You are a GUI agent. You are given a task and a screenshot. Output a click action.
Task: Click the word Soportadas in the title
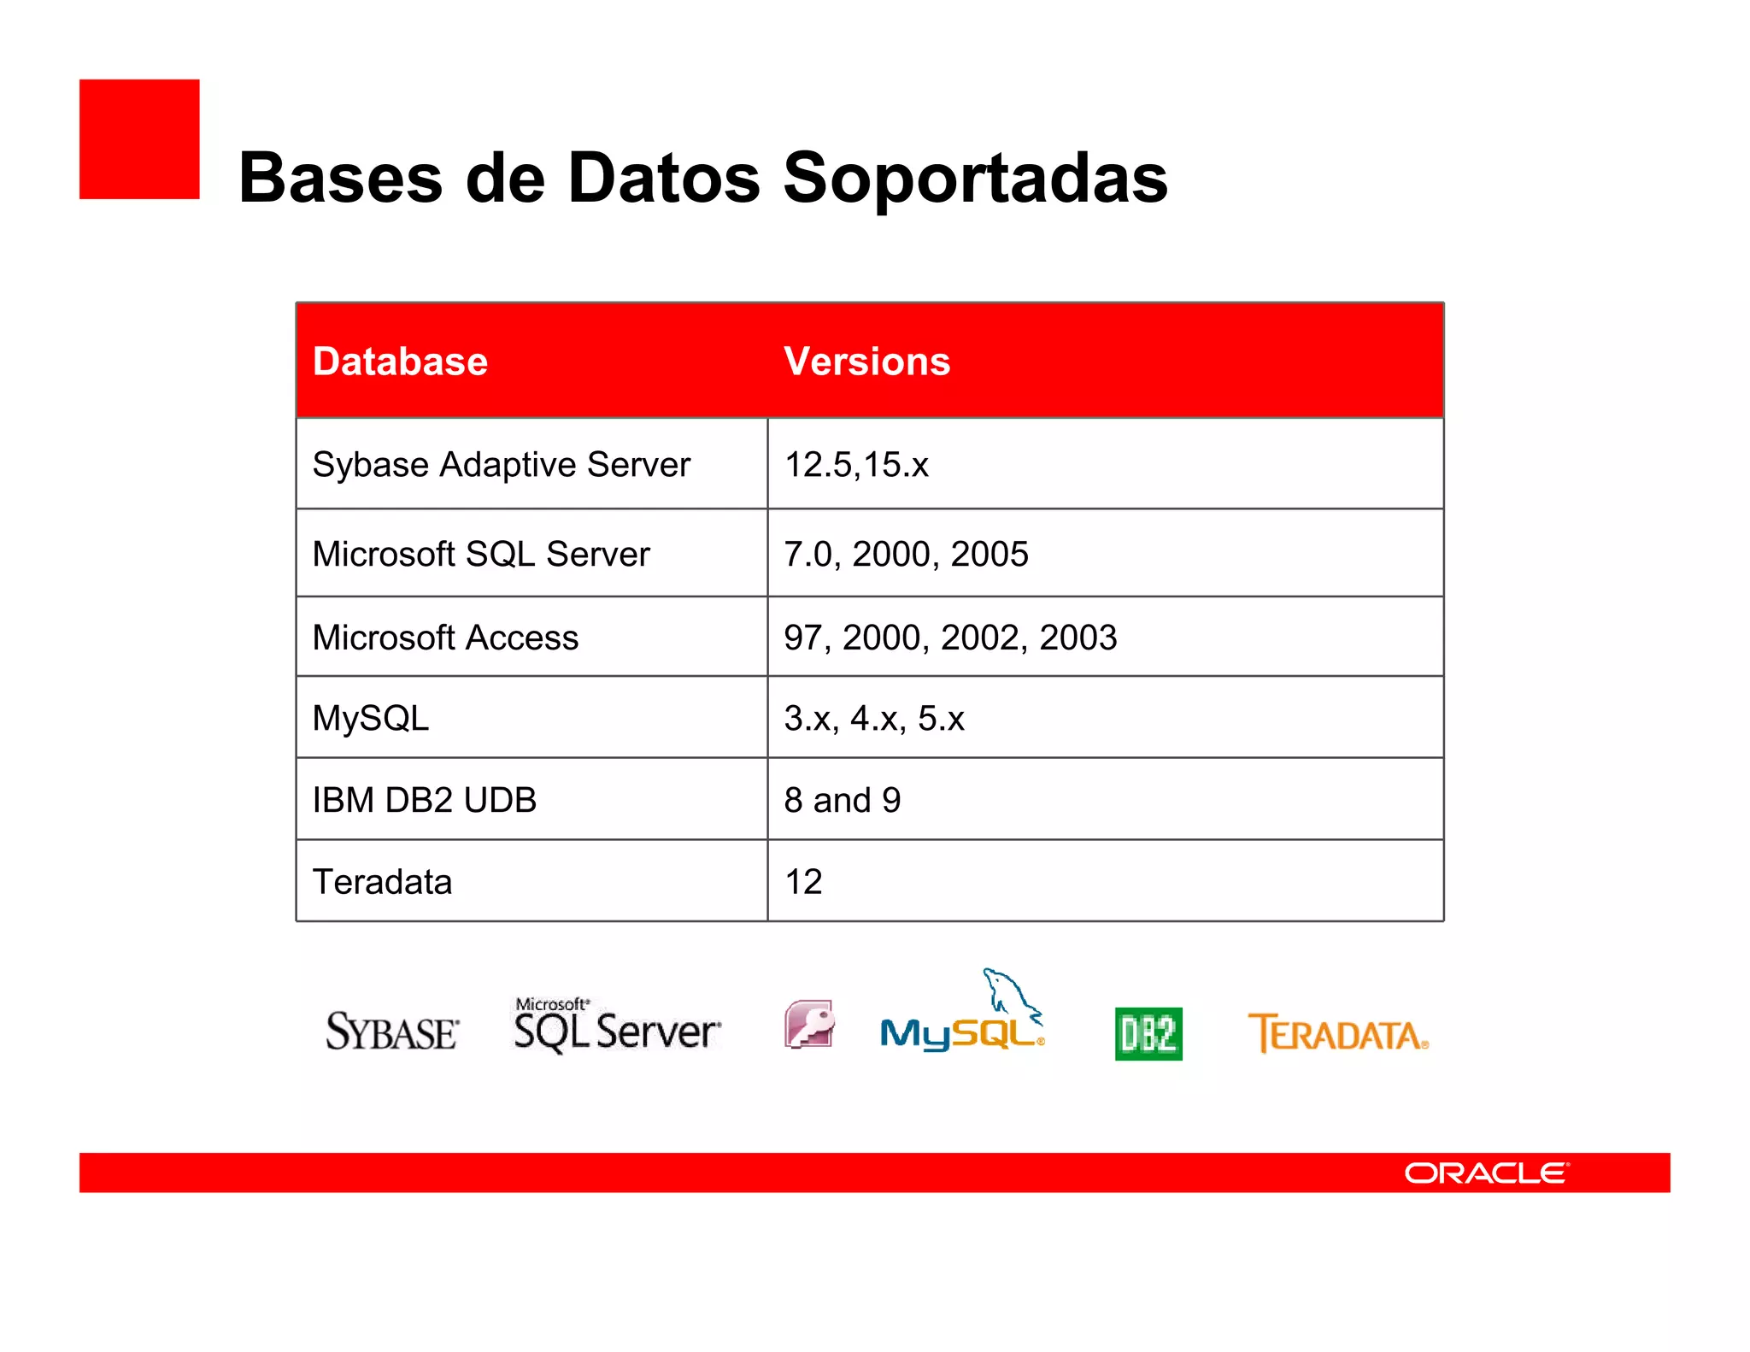(974, 178)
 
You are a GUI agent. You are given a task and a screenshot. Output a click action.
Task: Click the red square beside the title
(139, 139)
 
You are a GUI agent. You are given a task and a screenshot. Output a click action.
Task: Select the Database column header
(400, 362)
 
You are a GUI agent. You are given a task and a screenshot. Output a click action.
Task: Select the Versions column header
(866, 362)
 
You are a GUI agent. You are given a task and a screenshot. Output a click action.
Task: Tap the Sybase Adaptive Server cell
(501, 465)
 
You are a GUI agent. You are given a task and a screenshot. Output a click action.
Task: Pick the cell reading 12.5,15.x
(856, 465)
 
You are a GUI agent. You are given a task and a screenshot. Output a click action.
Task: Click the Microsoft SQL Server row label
(481, 554)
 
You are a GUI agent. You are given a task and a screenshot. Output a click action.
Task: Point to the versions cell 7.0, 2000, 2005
(906, 554)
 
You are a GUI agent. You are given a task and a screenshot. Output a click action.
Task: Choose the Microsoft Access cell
(445, 638)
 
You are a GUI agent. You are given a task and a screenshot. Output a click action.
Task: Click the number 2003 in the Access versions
(1078, 638)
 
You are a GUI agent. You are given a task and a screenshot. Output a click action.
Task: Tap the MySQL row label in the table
(371, 718)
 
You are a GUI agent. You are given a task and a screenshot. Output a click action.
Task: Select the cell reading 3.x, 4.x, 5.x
(873, 718)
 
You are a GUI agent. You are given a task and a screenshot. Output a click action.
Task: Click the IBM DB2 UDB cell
(424, 800)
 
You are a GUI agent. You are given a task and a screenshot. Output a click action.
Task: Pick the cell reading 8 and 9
(843, 800)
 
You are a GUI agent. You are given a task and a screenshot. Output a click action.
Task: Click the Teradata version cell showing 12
(803, 881)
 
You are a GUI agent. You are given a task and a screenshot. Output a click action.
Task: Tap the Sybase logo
(392, 1032)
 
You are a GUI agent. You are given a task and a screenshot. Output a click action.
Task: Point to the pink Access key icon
(809, 1024)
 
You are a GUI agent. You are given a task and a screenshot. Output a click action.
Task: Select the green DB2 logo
(1148, 1034)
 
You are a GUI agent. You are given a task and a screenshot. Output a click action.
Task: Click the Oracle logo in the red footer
(1486, 1173)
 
